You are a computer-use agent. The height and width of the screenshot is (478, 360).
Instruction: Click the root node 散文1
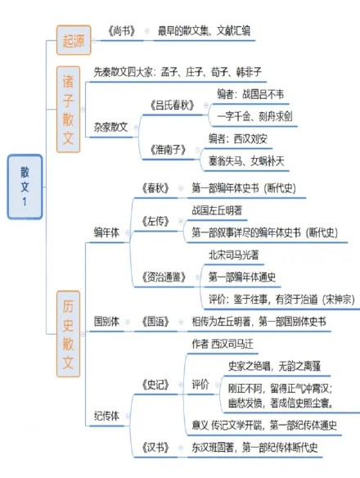[x=25, y=187]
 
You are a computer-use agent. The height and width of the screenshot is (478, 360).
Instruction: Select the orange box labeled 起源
[x=74, y=40]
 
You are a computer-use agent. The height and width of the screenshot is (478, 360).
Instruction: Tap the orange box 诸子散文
[x=68, y=110]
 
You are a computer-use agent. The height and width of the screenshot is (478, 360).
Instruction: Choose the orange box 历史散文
[x=68, y=334]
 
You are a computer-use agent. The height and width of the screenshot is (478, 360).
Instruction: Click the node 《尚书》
[x=121, y=31]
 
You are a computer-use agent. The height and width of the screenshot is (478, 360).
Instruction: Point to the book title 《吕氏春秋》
[x=172, y=105]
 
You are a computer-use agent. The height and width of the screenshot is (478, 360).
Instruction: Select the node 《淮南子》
[x=168, y=150]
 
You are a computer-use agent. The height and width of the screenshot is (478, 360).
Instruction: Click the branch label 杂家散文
[x=111, y=127]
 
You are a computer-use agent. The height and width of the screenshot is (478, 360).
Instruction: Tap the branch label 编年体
[x=106, y=232]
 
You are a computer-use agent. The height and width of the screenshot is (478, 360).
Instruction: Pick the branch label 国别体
[x=106, y=322]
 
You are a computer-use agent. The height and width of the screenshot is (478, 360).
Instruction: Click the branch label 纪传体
[x=106, y=416]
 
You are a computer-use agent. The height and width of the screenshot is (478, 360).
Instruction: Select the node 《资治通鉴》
[x=164, y=277]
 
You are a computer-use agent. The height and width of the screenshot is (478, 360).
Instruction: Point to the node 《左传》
[x=155, y=221]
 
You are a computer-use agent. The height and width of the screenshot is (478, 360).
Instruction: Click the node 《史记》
[x=155, y=385]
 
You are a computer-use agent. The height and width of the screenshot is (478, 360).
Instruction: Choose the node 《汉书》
[x=155, y=448]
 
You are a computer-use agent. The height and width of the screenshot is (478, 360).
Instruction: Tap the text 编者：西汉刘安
[x=238, y=138]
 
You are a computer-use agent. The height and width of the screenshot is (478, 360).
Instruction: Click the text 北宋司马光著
[x=234, y=255]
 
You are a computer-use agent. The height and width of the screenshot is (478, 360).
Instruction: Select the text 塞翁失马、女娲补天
[x=246, y=161]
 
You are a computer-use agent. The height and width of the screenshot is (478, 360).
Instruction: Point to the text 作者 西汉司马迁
[x=223, y=344]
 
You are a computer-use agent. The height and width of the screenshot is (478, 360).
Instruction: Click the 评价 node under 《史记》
[x=200, y=385]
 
